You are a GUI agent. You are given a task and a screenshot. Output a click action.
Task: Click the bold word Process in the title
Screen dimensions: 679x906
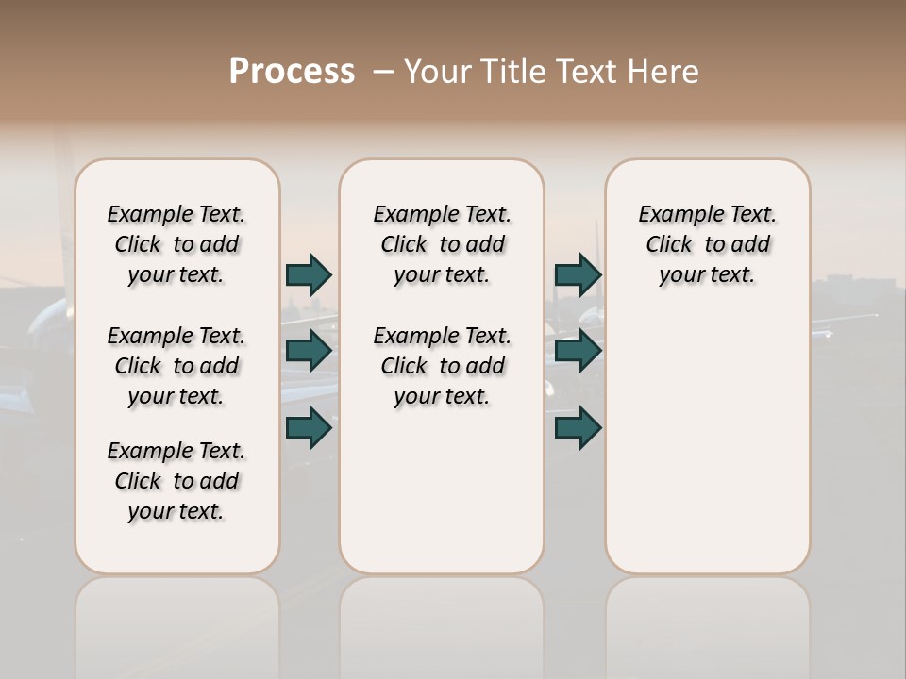[x=292, y=72]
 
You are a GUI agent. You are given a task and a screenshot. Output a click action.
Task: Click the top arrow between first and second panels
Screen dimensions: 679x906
[x=309, y=274]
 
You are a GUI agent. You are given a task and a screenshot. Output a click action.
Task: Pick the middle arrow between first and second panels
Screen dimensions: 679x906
[x=309, y=351]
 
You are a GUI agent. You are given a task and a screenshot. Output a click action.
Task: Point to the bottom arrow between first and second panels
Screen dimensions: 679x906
[x=309, y=428]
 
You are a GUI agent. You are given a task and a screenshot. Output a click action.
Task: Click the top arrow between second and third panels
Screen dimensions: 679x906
[x=578, y=274]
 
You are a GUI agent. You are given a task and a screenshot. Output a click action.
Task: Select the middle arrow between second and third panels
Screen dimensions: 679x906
[x=578, y=351]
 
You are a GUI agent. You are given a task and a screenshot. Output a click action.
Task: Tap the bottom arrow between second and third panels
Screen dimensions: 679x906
[x=578, y=428]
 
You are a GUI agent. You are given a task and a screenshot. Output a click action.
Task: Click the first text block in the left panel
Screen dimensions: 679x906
[x=176, y=244]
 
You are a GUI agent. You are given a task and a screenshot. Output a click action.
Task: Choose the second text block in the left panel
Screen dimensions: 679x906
[x=176, y=366]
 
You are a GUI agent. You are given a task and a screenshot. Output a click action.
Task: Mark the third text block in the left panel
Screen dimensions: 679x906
[x=176, y=481]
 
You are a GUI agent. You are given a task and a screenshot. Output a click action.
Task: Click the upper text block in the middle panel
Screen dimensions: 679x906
[x=442, y=244]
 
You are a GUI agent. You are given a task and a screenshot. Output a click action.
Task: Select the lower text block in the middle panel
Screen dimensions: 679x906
[x=442, y=366]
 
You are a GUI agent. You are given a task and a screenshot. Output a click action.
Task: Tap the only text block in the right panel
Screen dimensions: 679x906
[x=707, y=244]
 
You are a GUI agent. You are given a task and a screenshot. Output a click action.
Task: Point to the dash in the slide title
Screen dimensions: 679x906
[x=383, y=72]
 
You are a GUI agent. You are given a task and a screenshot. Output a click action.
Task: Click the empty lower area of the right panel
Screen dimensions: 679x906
[x=707, y=443]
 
